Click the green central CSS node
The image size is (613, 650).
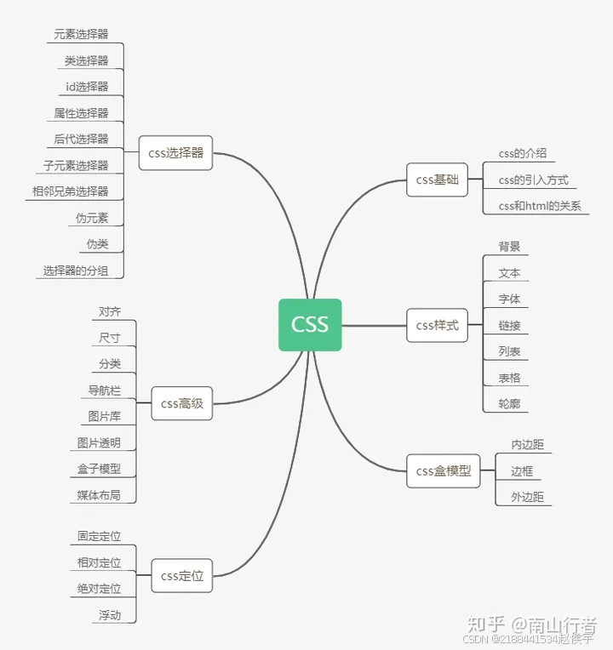(310, 324)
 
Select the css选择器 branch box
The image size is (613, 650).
(175, 153)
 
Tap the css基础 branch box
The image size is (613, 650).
(437, 180)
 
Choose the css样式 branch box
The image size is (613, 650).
(437, 325)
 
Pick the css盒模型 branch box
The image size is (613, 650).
(443, 470)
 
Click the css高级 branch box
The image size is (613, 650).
(181, 403)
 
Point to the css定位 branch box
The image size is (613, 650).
(181, 576)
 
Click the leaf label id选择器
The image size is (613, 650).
(87, 87)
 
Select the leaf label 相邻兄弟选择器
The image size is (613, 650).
(71, 191)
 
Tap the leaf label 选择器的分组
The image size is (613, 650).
(76, 271)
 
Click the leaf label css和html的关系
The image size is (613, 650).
(540, 206)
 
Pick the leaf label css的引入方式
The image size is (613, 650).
(533, 180)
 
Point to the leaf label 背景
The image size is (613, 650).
(509, 247)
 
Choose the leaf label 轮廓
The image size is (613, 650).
(509, 404)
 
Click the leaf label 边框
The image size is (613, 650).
(521, 470)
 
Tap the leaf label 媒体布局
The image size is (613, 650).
(99, 495)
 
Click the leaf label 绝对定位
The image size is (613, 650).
(99, 589)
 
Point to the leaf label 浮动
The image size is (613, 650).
(110, 615)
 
